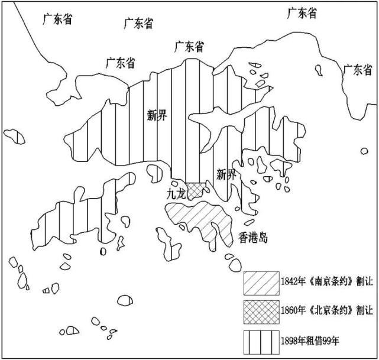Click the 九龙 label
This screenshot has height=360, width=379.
pos(176,194)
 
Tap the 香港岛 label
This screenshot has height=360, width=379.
pos(253,238)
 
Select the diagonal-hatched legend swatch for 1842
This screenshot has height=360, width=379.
pos(261,283)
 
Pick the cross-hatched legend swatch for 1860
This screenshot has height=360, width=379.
pos(261,312)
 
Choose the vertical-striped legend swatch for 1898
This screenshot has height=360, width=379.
pos(261,342)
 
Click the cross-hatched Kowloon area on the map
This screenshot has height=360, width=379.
pos(195,190)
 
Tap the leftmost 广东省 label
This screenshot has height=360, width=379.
pos(57,20)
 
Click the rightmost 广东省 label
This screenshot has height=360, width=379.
pos(358,70)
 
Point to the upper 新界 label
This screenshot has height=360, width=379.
pos(157,115)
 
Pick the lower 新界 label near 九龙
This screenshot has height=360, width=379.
pos(226,174)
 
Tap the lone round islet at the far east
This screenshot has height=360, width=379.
pos(364,151)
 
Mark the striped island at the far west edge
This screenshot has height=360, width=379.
pos(14,137)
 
